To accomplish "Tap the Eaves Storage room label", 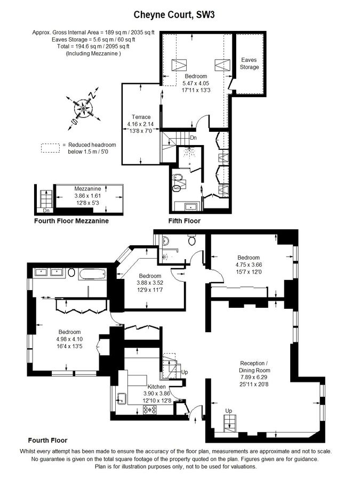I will click(249, 63).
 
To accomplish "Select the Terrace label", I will click(141, 117).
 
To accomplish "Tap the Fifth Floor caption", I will click(184, 220).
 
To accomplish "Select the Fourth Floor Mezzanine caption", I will click(71, 220).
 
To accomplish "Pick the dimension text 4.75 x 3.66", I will click(249, 265).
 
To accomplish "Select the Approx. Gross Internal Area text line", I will click(93, 32).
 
